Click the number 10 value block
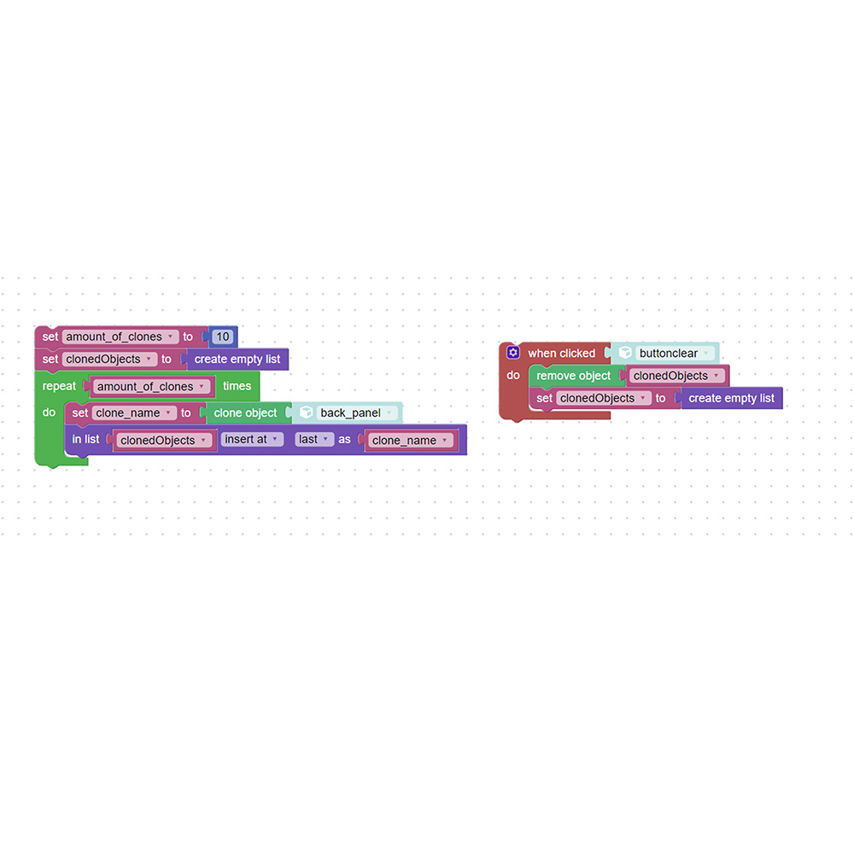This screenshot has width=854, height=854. [x=223, y=336]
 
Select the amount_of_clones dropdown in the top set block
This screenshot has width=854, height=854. [x=120, y=336]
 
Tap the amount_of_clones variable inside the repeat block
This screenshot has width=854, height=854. [x=151, y=386]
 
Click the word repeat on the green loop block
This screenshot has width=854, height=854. [x=60, y=386]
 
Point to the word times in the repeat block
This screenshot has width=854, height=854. [x=237, y=386]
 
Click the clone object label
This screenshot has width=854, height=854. [x=245, y=412]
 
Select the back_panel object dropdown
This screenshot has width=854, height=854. [x=355, y=412]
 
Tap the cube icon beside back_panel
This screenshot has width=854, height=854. [x=307, y=412]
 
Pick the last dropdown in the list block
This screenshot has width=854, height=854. [x=314, y=439]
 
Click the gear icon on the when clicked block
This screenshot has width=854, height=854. [x=513, y=353]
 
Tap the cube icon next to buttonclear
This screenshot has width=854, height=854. [x=625, y=353]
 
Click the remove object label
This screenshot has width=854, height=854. [x=574, y=376]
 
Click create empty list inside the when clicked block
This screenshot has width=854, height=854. [x=732, y=398]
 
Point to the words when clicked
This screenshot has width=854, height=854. [x=562, y=353]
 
